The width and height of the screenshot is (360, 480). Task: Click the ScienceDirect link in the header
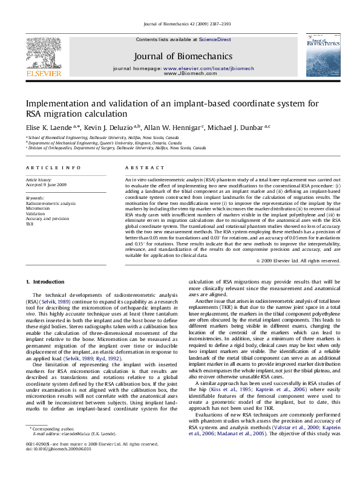215,39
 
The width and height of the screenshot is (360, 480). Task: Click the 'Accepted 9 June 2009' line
46,185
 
